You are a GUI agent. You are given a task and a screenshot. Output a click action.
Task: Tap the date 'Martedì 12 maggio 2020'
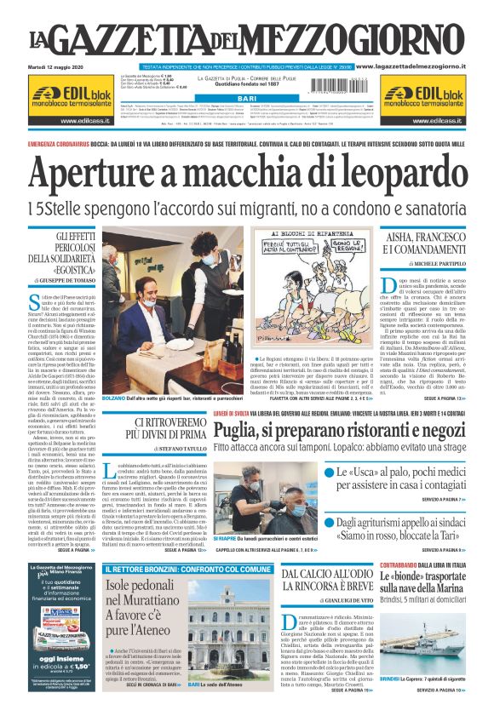coord(54,66)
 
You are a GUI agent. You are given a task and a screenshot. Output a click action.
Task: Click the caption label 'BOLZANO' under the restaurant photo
coord(113,398)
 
